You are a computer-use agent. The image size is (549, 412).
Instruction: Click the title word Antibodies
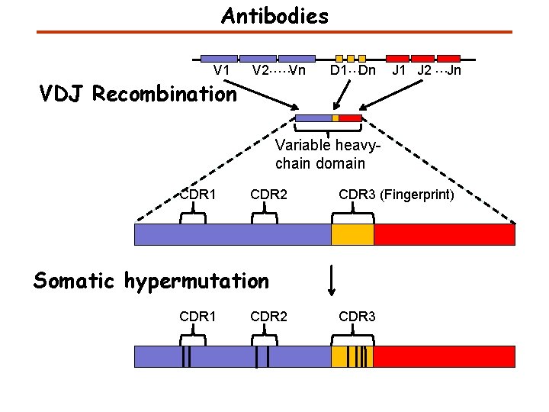click(x=274, y=15)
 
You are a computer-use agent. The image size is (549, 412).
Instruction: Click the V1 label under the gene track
click(x=222, y=71)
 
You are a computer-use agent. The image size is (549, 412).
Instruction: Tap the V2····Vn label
click(x=278, y=71)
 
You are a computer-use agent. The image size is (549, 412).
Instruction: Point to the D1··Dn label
click(x=352, y=71)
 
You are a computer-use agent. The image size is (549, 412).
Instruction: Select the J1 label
click(x=400, y=71)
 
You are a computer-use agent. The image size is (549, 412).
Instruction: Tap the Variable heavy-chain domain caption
click(x=320, y=154)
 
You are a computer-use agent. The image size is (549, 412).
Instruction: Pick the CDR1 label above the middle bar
click(x=197, y=195)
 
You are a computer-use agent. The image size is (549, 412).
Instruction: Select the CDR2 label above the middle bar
click(x=268, y=195)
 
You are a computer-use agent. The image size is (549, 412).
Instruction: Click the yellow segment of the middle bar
click(x=352, y=234)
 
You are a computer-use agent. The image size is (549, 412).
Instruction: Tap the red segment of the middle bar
click(x=444, y=234)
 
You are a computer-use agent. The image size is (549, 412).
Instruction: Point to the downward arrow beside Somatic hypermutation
click(x=332, y=281)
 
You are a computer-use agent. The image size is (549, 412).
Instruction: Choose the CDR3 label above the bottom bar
click(x=357, y=317)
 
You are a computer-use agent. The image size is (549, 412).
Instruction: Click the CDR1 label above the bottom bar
click(x=197, y=317)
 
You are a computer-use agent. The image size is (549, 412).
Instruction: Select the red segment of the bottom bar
click(x=444, y=356)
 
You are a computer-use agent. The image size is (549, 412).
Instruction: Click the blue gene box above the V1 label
click(x=219, y=58)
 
